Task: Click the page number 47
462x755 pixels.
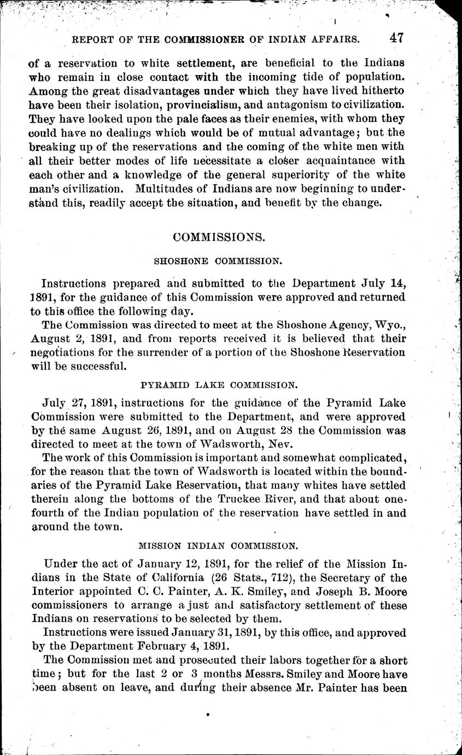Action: tap(396, 38)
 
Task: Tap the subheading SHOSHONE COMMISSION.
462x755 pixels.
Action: tap(218, 262)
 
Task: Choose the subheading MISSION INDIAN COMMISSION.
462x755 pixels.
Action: tap(218, 545)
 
